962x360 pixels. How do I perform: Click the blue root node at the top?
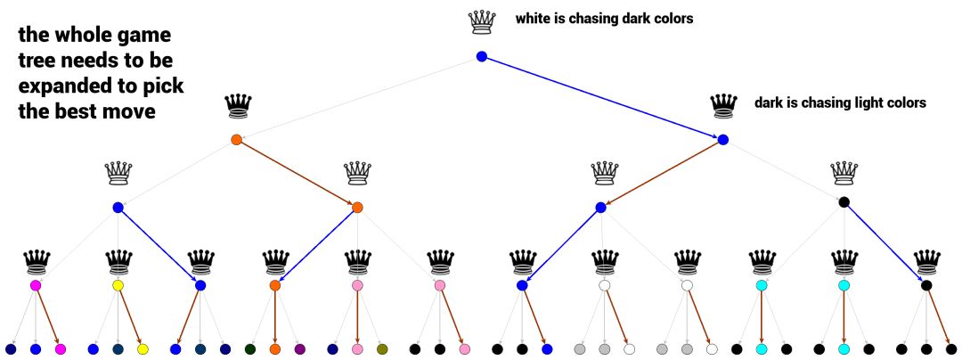click(482, 57)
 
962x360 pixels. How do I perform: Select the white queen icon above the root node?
click(482, 22)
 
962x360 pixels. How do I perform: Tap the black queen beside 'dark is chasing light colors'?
click(723, 106)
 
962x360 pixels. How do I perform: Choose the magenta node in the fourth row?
click(36, 286)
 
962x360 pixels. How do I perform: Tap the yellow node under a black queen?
click(118, 286)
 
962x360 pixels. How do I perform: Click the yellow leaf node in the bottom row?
click(143, 349)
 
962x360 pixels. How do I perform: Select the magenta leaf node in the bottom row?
click(61, 349)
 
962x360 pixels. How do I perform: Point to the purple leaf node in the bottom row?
click(299, 349)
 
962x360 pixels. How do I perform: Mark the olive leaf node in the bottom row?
click(382, 349)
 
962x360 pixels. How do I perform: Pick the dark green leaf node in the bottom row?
click(250, 349)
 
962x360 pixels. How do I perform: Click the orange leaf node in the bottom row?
click(274, 349)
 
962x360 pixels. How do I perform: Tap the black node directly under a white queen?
click(844, 202)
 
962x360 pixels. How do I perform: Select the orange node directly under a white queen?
click(357, 208)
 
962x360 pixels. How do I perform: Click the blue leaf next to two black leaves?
click(547, 349)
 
